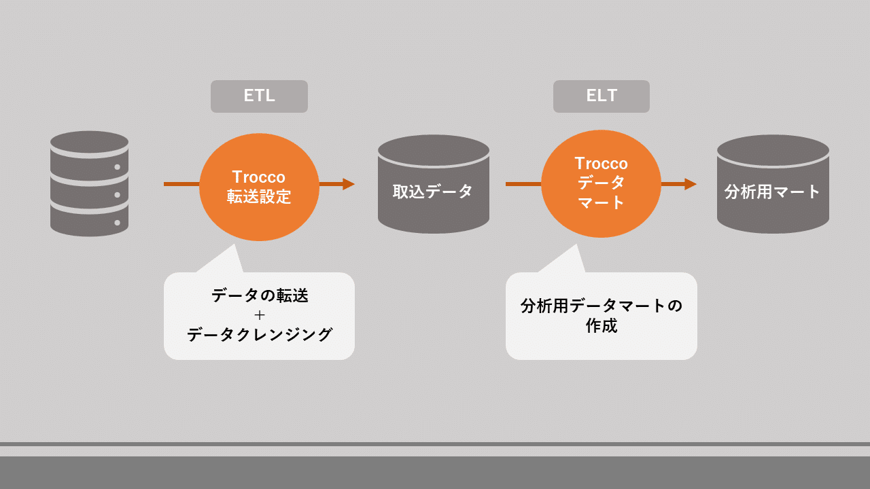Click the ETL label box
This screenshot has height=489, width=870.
[259, 96]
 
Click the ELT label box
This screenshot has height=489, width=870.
[602, 96]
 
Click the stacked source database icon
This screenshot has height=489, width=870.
[90, 183]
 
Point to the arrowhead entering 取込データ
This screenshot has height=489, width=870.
[348, 184]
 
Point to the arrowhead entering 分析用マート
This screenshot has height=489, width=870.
[690, 184]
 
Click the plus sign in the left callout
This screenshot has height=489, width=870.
[259, 315]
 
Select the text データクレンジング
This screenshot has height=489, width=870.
[259, 335]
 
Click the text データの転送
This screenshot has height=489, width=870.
[259, 296]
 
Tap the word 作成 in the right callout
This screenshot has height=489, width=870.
[602, 326]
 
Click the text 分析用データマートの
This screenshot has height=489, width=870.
[602, 306]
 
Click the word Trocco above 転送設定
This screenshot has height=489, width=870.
[259, 177]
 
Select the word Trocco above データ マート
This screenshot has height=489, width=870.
[602, 164]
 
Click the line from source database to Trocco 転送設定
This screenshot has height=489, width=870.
[181, 184]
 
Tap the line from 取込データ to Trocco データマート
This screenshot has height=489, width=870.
[523, 184]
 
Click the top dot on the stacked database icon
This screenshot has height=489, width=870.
[117, 167]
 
